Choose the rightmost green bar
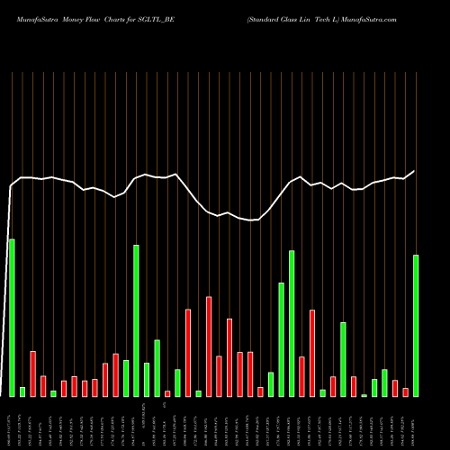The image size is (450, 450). tap(416, 325)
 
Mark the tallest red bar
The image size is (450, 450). tap(209, 346)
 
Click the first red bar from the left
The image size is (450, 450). tap(32, 373)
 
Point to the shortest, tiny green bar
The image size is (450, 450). tap(364, 395)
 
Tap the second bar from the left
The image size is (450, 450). tap(22, 391)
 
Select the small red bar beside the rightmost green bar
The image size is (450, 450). tap(406, 391)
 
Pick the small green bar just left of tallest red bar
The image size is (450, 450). tap(199, 393)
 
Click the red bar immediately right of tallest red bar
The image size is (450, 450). tap(220, 375)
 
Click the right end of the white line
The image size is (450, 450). tap(415, 171)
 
